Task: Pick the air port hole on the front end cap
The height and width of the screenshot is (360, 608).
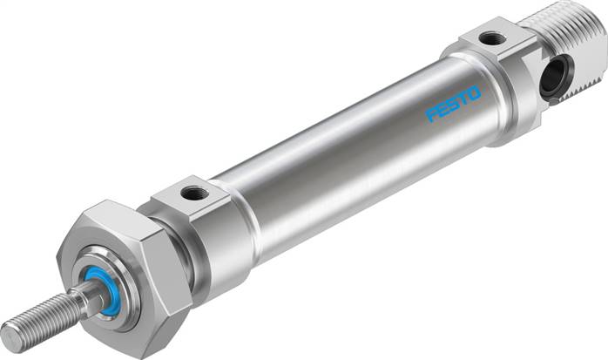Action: (189, 191)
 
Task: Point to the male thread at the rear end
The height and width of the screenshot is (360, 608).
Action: (571, 44)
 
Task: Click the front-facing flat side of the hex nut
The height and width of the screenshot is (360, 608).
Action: (105, 279)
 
